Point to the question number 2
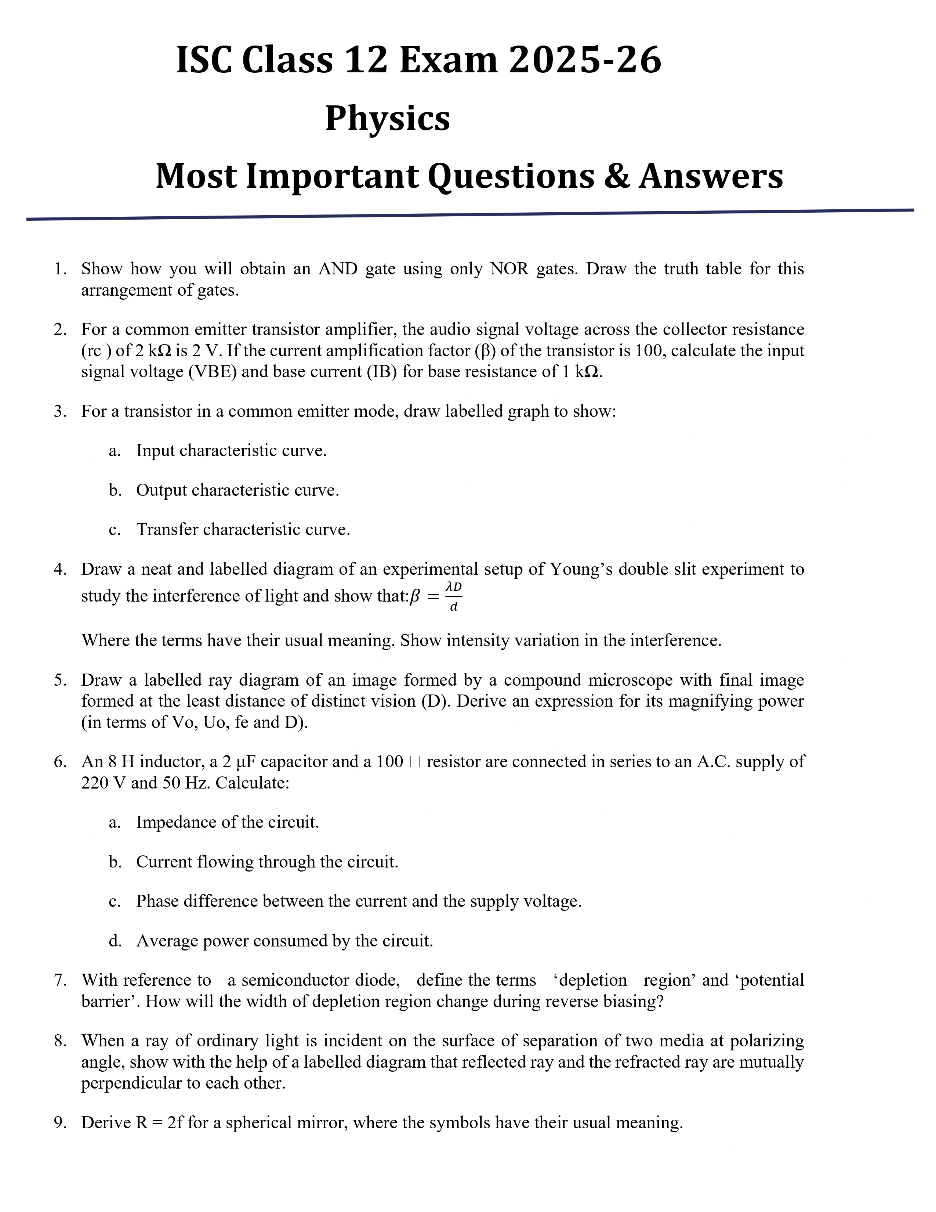[60, 330]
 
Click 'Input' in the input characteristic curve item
[156, 451]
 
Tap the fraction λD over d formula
[454, 596]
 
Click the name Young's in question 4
[581, 569]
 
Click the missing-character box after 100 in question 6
[415, 762]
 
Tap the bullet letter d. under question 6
[115, 941]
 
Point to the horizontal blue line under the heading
[470, 214]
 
